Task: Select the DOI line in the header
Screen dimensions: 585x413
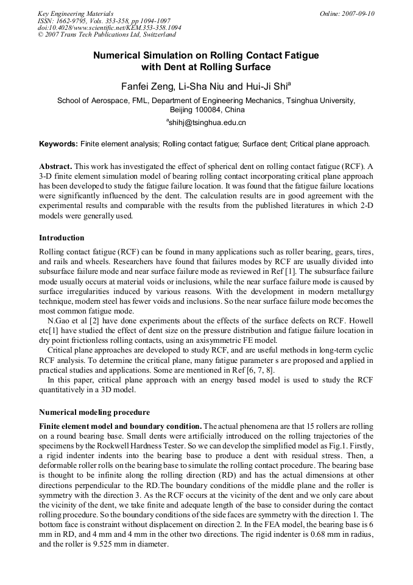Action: (x=109, y=28)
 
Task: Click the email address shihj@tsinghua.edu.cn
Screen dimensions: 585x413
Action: (x=207, y=123)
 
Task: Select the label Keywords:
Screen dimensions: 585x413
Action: (x=58, y=144)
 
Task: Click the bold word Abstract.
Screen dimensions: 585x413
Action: (x=55, y=167)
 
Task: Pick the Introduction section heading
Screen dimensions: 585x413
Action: (x=62, y=237)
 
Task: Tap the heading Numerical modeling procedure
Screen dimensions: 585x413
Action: (x=94, y=412)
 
